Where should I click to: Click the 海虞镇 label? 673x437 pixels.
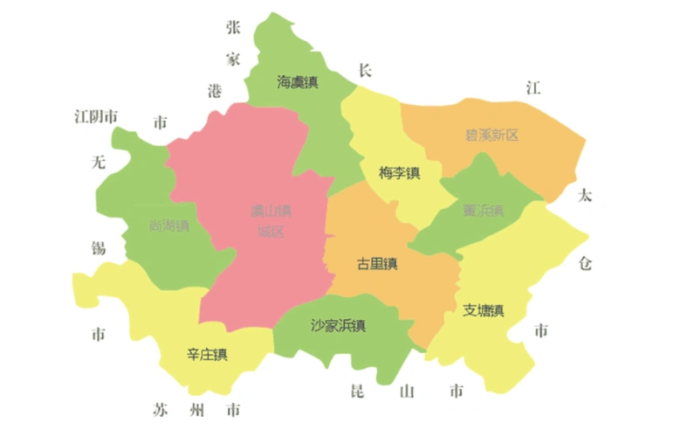pos(298,83)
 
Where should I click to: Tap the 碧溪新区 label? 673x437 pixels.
pos(491,135)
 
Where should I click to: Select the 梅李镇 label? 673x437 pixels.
pos(400,173)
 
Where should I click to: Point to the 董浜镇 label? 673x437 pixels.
pos(484,210)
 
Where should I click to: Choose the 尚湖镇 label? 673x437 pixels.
pos(169,225)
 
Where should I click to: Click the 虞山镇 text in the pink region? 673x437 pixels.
pos(271,212)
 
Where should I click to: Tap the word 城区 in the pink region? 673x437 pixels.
pos(271,232)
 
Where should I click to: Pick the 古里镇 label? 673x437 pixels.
pos(377,264)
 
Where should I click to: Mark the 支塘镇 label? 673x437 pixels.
pos(484,310)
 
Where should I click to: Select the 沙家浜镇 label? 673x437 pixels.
pos(338,326)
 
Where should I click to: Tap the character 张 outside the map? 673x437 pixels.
pos(233,27)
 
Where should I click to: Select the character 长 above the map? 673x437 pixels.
pos(366,69)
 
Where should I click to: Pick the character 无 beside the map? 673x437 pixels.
pos(98,162)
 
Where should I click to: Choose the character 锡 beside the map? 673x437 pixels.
pos(99,247)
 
